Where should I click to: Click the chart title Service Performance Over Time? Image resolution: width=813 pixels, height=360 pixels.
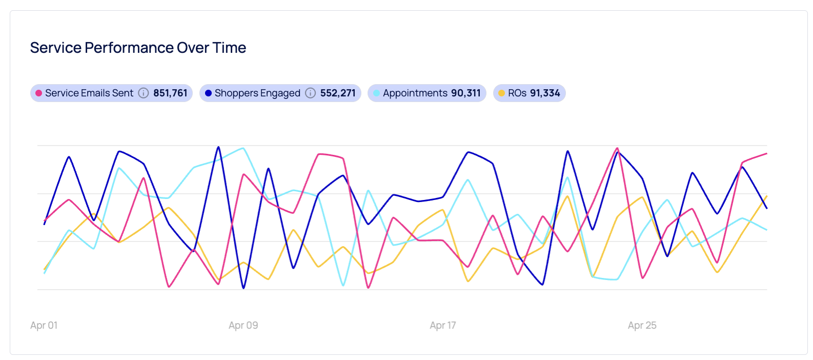[x=138, y=48]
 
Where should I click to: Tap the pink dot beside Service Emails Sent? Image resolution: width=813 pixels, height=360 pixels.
[x=38, y=93]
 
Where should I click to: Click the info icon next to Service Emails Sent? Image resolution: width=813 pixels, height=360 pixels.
[x=144, y=93]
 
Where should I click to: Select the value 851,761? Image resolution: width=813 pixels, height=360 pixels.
[x=170, y=93]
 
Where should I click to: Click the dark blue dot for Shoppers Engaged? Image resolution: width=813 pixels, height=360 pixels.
[x=208, y=93]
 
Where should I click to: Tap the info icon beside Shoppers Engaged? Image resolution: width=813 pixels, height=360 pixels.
[x=310, y=93]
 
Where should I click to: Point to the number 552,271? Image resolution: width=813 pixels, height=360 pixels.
[x=338, y=93]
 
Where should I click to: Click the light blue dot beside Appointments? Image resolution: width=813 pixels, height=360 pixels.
[x=376, y=93]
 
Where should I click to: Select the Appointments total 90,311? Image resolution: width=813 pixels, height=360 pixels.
[x=466, y=93]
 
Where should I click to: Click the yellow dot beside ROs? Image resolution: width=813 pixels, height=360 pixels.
[x=501, y=93]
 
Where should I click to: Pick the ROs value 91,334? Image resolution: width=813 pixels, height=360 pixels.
[x=545, y=93]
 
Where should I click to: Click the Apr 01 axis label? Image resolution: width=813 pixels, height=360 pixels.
[x=44, y=325]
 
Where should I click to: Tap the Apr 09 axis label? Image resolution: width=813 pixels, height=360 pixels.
[x=243, y=325]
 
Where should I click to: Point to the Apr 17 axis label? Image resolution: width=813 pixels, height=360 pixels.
[x=443, y=325]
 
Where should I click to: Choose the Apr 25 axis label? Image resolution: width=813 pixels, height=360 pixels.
[x=642, y=325]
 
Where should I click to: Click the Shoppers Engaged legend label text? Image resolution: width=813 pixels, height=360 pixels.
[x=257, y=93]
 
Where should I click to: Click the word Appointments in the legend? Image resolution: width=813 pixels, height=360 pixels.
[x=415, y=93]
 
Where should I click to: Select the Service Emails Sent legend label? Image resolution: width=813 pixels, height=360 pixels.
[x=89, y=93]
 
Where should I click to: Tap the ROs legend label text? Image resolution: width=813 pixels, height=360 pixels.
[x=517, y=93]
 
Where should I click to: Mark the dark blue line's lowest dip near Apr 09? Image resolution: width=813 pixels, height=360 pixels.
[x=243, y=288]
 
